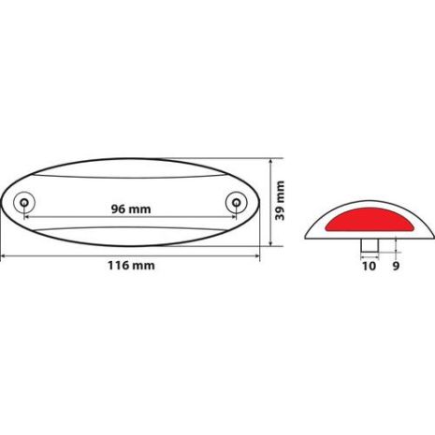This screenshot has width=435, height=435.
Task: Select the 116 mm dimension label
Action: tap(130, 266)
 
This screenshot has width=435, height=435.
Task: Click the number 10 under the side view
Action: tap(368, 267)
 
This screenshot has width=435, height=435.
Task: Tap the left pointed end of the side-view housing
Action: tap(308, 234)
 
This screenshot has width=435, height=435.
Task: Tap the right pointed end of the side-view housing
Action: tap(434, 234)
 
